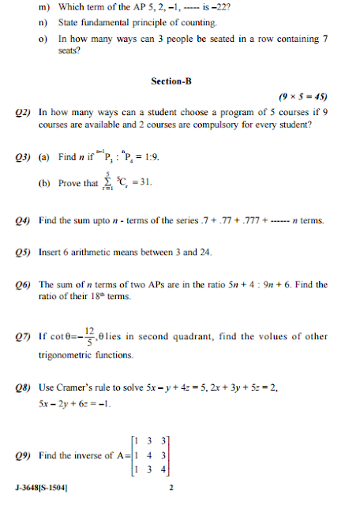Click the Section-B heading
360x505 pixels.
click(171, 81)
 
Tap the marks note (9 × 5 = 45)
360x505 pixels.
click(303, 97)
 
